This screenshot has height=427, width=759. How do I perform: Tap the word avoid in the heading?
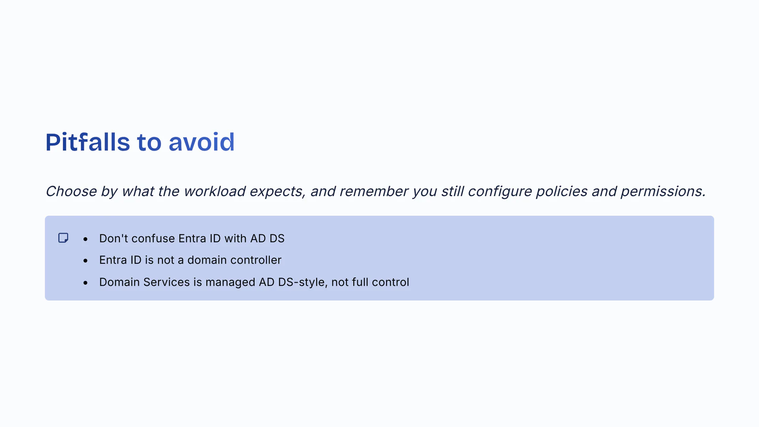pos(202,142)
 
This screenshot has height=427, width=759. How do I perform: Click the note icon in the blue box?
pos(63,238)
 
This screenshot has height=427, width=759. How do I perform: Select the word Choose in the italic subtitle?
pos(71,191)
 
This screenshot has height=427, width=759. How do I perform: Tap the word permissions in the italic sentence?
pos(663,191)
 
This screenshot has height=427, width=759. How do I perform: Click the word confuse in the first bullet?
pos(153,238)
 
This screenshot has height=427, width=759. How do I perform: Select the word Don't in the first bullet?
pos(113,238)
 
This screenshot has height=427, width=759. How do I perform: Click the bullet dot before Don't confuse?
pos(85,239)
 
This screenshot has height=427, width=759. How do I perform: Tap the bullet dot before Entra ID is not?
pos(85,261)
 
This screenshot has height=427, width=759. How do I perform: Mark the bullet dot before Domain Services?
pos(85,283)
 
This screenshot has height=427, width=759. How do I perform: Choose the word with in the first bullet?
pos(236,238)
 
